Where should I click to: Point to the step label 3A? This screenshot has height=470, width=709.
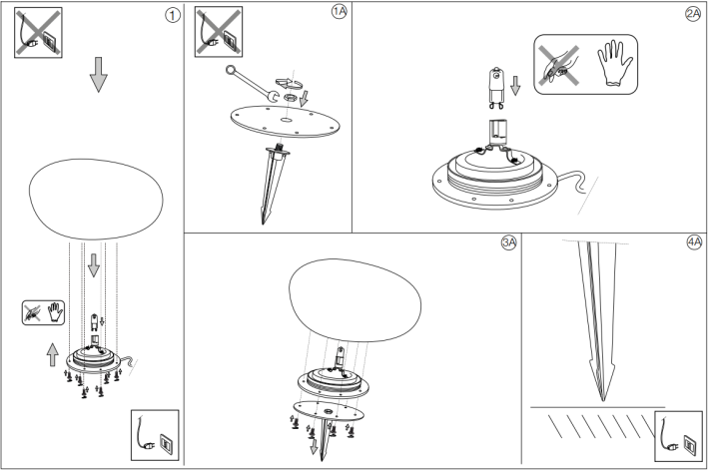pyautogui.click(x=508, y=243)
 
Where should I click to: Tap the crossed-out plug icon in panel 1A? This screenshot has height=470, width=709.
pyautogui.click(x=219, y=30)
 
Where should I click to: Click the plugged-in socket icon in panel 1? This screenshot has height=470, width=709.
pyautogui.click(x=154, y=433)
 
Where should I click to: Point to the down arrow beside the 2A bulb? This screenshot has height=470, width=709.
pyautogui.click(x=516, y=86)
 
